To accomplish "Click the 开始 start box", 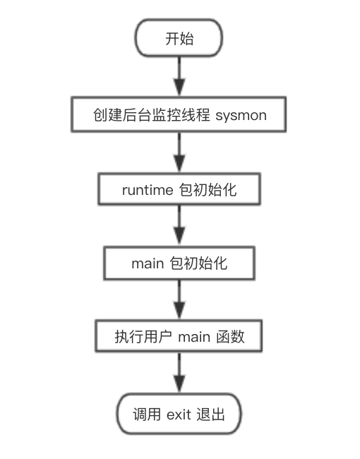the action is coord(179,37).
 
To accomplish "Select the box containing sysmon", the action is coord(179,114).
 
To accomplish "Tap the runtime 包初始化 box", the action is coord(179,189).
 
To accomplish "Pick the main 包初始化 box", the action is coord(179,263).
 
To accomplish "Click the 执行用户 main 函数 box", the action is coord(179,336).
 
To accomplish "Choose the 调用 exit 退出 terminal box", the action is coord(179,414).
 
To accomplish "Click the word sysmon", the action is coord(241,116).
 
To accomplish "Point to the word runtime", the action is coord(148,190).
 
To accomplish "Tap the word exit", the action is coord(179,415).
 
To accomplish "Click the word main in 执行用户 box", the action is coord(194,337).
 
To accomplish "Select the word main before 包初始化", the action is coord(148,263).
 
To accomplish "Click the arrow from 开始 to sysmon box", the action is coord(179,76).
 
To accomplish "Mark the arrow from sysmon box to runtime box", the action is coord(179,153).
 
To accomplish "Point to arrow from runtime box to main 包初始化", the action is coord(179,226).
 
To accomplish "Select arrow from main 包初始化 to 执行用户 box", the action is coord(179,300).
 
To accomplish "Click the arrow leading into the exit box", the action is coord(179,373).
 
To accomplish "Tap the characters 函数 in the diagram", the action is coord(230,337).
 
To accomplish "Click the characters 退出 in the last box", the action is coord(210,415).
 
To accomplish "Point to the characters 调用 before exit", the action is coord(147,415).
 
